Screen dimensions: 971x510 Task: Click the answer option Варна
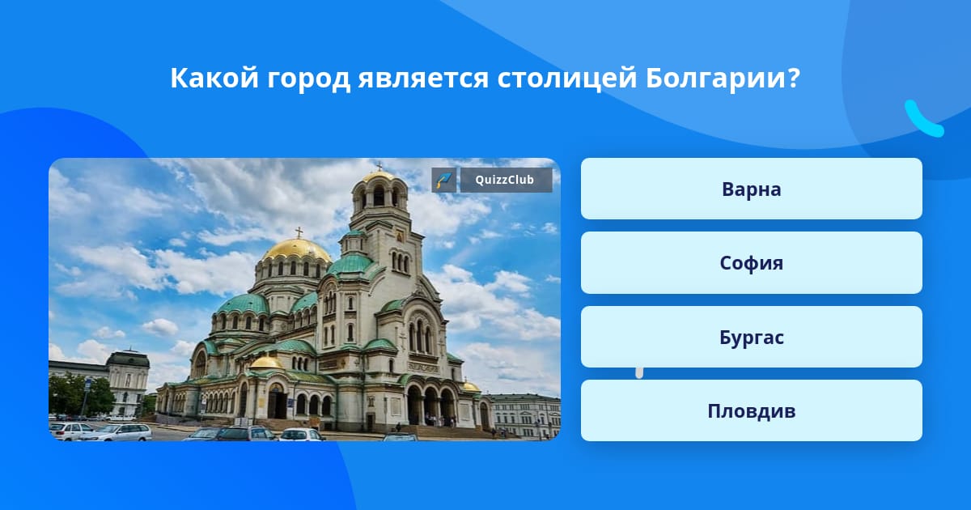point(751,189)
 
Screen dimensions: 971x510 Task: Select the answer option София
point(751,263)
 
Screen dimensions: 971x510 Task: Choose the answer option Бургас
point(751,337)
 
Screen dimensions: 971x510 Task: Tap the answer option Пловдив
point(751,410)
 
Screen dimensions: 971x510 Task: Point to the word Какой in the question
point(214,78)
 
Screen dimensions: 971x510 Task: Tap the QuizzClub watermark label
point(506,180)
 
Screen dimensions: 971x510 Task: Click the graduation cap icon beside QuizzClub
point(444,180)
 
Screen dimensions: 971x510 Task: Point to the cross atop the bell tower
point(379,166)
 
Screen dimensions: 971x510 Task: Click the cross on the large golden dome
point(299,232)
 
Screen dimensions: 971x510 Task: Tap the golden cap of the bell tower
point(378,176)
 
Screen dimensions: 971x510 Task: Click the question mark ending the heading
point(793,78)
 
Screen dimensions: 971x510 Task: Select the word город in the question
point(308,80)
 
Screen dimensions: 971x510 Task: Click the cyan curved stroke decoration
point(922,120)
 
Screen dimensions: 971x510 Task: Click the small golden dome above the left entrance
point(266,363)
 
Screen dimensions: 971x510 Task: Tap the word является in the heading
point(423,79)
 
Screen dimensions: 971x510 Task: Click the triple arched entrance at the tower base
point(430,404)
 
